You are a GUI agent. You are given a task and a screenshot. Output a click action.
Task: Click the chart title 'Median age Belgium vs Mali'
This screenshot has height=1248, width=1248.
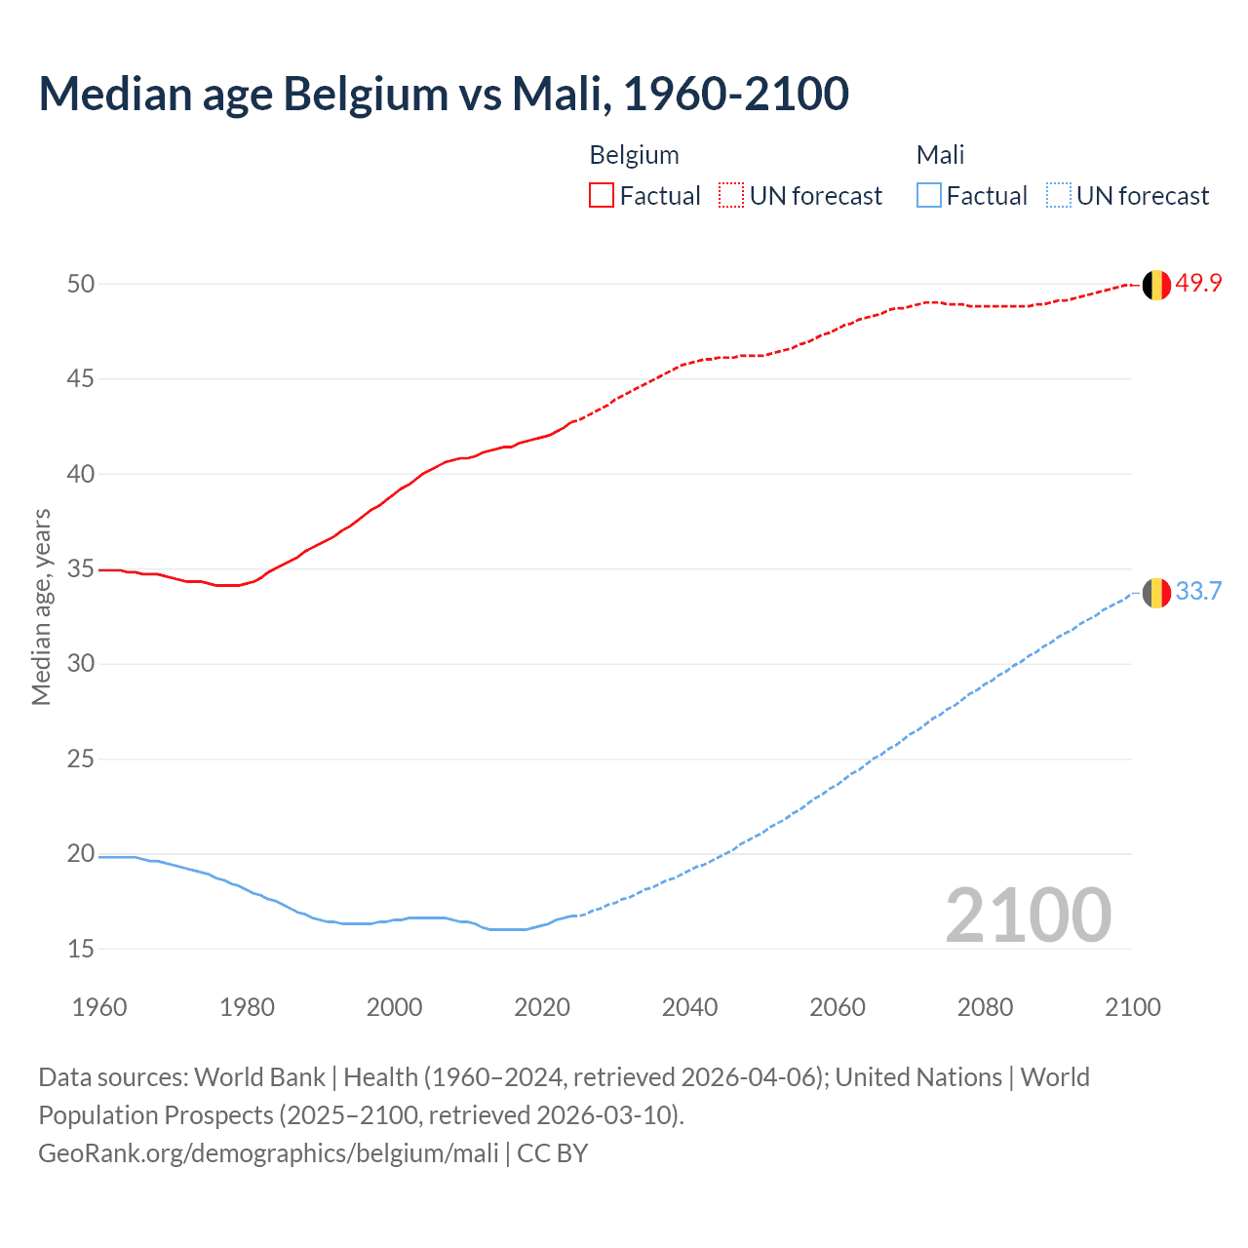[444, 94]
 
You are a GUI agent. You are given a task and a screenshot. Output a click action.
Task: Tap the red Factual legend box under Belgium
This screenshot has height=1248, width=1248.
[602, 196]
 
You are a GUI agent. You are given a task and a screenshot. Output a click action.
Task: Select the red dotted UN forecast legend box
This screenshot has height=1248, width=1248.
[731, 196]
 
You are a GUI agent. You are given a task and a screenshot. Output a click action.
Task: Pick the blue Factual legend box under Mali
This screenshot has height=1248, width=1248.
[929, 196]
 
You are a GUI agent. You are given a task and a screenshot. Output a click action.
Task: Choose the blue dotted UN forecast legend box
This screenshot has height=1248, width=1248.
[1058, 196]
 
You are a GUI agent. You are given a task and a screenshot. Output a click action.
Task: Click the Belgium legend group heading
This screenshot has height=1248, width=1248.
[634, 155]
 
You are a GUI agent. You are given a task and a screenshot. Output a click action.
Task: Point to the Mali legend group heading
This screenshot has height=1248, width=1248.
[940, 155]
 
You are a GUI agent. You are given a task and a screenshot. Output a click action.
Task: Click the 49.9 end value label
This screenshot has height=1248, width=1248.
[1198, 284]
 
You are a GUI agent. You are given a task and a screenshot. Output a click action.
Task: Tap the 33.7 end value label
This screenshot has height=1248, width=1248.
[1198, 592]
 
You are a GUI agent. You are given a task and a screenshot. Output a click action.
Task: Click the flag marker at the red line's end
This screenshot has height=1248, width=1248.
[1156, 285]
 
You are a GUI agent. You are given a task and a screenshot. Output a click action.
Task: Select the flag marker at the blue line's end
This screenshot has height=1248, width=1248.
[1156, 593]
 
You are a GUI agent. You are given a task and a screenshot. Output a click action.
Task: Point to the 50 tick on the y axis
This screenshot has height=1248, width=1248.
[81, 284]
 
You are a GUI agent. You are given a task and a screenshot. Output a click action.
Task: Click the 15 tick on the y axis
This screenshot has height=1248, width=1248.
[81, 949]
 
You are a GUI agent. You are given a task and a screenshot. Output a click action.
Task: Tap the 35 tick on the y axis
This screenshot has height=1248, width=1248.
[81, 568]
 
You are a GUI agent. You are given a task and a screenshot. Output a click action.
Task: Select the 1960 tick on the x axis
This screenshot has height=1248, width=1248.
[99, 1007]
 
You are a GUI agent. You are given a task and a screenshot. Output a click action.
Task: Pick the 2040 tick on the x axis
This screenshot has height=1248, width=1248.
[689, 1007]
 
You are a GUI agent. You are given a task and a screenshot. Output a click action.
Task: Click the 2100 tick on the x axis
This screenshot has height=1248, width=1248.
[1132, 1007]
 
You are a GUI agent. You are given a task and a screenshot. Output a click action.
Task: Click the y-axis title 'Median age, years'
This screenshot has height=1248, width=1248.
[41, 606]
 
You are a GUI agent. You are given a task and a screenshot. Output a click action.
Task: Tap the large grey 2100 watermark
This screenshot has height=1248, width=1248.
[1028, 916]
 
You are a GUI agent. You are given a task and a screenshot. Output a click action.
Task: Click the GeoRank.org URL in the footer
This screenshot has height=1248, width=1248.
[268, 1153]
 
